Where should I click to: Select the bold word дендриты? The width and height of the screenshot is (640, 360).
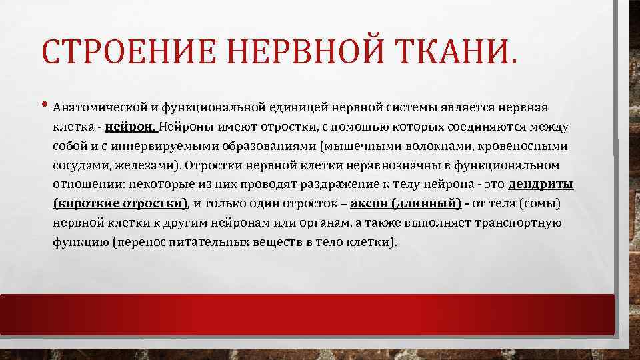point(541,184)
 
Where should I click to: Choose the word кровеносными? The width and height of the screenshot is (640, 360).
point(524,145)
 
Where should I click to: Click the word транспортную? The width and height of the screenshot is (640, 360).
point(519,223)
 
